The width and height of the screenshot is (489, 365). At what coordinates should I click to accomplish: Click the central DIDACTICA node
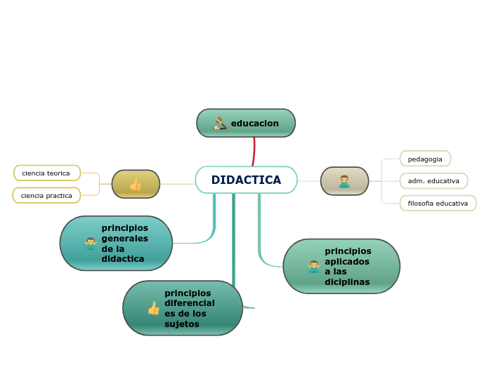(246, 180)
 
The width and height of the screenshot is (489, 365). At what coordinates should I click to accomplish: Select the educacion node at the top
(246, 123)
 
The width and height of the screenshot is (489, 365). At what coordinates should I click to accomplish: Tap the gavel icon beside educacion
(220, 124)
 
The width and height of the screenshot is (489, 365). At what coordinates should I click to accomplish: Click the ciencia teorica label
(46, 173)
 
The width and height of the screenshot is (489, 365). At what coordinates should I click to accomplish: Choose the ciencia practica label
(46, 195)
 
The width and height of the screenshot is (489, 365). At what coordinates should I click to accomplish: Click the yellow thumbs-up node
(136, 184)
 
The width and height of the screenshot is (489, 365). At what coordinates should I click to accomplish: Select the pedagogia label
(425, 159)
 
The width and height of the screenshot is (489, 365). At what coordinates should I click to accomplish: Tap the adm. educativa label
(433, 180)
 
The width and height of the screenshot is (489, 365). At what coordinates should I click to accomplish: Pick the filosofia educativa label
(438, 203)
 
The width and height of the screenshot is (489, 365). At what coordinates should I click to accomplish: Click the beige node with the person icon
(344, 181)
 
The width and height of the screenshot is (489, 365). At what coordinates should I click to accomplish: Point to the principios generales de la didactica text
(124, 243)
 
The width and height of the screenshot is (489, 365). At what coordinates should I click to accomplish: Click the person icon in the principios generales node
(91, 244)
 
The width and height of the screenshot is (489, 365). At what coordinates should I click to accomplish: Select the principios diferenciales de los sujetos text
(190, 308)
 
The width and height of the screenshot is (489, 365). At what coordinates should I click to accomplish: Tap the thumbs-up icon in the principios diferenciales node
(153, 308)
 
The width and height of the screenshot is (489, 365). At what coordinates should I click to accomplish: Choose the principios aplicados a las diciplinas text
(348, 266)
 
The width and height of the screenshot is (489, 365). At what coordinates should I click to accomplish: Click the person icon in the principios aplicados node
(314, 266)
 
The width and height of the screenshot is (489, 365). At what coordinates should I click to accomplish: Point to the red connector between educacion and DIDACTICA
(254, 151)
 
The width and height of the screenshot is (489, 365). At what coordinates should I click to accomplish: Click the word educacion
(254, 124)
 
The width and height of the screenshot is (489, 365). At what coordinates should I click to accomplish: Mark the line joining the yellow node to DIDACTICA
(177, 184)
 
